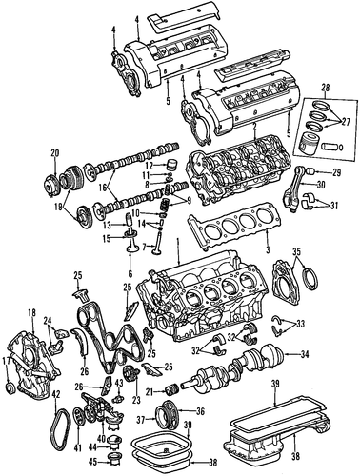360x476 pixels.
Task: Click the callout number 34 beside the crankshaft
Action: coord(304,354)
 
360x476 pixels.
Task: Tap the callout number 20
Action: coord(55,153)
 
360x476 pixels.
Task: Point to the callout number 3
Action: coord(268,249)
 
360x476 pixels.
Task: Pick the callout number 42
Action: coord(55,396)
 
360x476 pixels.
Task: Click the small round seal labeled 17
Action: coord(11,387)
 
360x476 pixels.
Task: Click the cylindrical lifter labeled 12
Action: coord(171,166)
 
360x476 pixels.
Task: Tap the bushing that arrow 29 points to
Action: coord(310,172)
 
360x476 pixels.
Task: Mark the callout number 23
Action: coord(136,401)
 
